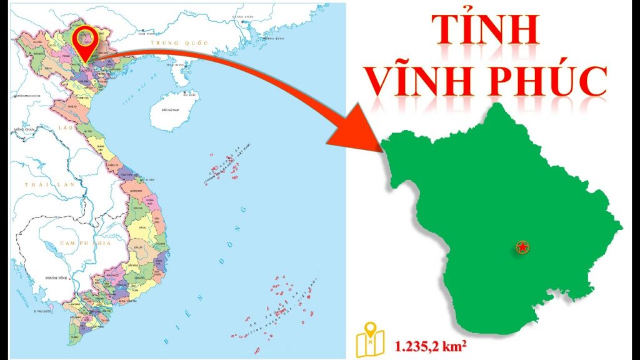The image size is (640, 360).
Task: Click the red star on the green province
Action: point(521,247)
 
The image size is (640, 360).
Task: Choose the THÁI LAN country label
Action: point(41,185)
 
